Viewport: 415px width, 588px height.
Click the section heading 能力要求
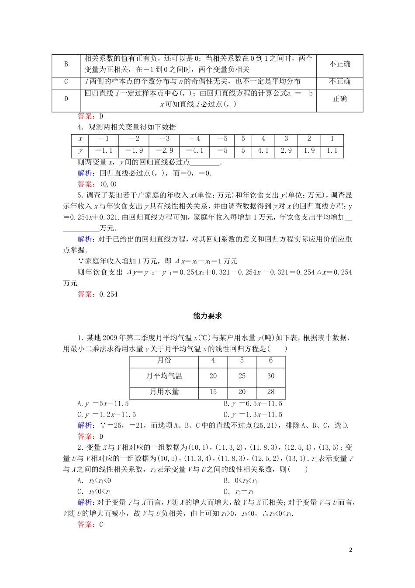(x=207, y=316)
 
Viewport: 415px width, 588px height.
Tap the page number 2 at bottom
(x=351, y=550)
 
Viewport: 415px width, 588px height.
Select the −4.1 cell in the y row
(x=195, y=150)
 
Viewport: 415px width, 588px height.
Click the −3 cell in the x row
(x=164, y=139)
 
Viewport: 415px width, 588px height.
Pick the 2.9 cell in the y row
(x=286, y=150)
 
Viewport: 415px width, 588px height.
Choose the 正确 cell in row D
(x=339, y=99)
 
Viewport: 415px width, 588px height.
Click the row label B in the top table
(x=66, y=64)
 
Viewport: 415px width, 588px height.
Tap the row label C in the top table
(x=66, y=81)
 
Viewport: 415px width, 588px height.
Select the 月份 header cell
(x=164, y=360)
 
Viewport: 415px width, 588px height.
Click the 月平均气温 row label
(x=164, y=376)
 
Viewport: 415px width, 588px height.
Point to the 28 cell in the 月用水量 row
(x=271, y=392)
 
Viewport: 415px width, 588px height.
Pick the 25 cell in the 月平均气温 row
(x=242, y=376)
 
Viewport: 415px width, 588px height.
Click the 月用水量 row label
(x=164, y=392)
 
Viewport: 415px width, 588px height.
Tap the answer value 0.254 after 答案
(x=109, y=294)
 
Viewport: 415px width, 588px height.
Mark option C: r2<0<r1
(x=94, y=491)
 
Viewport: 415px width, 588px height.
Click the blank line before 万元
(x=81, y=228)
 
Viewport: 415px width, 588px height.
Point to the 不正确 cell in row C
(x=339, y=81)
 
